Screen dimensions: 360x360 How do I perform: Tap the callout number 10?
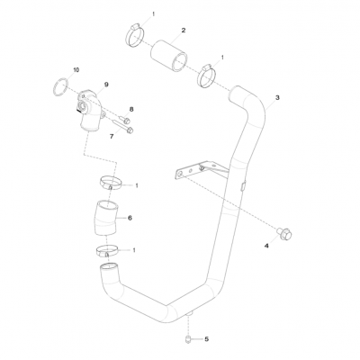click(x=76, y=69)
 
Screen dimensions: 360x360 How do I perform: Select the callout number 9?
click(x=106, y=84)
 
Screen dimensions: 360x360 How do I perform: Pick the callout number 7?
click(x=111, y=135)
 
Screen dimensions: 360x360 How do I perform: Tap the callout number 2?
click(x=184, y=30)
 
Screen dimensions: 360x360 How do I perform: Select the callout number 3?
click(x=277, y=97)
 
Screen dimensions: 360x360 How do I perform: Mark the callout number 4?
click(x=266, y=244)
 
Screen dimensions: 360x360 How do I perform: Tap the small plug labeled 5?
click(x=185, y=339)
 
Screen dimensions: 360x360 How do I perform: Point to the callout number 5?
click(x=206, y=339)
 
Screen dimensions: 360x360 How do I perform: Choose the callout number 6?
click(x=130, y=217)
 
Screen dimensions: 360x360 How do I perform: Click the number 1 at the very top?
click(x=153, y=15)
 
